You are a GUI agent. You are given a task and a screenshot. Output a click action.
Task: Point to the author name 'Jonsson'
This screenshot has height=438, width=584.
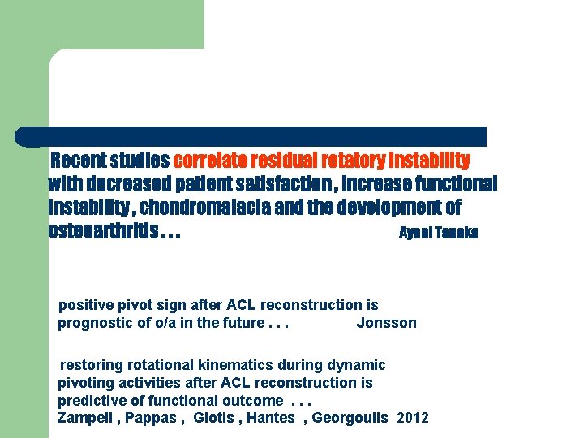pos(386,323)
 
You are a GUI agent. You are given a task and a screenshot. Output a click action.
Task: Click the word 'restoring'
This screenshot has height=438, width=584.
pos(92,365)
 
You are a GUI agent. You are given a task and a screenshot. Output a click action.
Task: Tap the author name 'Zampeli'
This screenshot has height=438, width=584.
pos(85,418)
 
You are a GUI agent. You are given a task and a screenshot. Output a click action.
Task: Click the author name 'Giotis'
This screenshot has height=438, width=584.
pos(213,418)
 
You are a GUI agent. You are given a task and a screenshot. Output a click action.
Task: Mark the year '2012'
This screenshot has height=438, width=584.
pos(413,418)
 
